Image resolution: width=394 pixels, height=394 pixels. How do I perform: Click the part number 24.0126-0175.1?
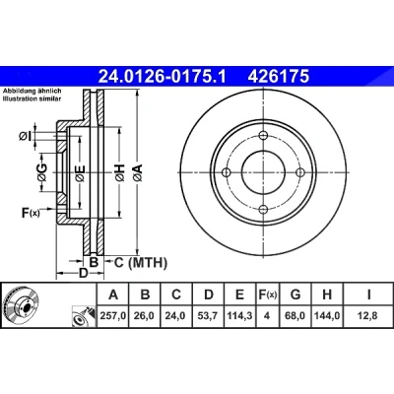point(163,76)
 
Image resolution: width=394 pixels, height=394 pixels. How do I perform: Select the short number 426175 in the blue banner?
point(279,76)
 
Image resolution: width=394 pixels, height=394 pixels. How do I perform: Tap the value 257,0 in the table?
point(113,316)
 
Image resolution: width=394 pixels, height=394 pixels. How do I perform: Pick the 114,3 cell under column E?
point(239,316)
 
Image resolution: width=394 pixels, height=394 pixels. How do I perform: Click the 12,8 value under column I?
point(368,316)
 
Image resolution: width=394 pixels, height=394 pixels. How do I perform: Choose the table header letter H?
point(327,295)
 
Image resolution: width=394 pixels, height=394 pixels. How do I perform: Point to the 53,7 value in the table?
point(209,316)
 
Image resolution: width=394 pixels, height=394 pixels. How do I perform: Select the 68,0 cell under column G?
point(295,316)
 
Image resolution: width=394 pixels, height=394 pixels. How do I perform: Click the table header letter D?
point(209,295)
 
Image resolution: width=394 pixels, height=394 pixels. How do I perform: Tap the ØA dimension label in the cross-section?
point(138,172)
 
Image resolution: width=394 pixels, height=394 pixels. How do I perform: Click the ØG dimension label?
point(42,172)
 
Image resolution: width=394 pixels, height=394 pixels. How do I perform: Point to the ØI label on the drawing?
point(25,136)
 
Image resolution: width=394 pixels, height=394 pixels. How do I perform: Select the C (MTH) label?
point(141,263)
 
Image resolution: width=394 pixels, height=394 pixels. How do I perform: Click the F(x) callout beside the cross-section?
point(31,213)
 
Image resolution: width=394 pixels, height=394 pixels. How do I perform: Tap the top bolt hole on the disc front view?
point(264,136)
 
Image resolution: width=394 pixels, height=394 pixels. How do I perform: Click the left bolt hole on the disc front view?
point(227,172)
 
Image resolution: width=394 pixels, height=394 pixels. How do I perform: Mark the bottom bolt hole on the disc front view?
point(264,209)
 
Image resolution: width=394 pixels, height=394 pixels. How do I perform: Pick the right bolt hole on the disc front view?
point(300,172)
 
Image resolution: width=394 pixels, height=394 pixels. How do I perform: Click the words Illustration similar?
point(32,98)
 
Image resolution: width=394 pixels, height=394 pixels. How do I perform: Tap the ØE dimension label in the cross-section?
point(80,173)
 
